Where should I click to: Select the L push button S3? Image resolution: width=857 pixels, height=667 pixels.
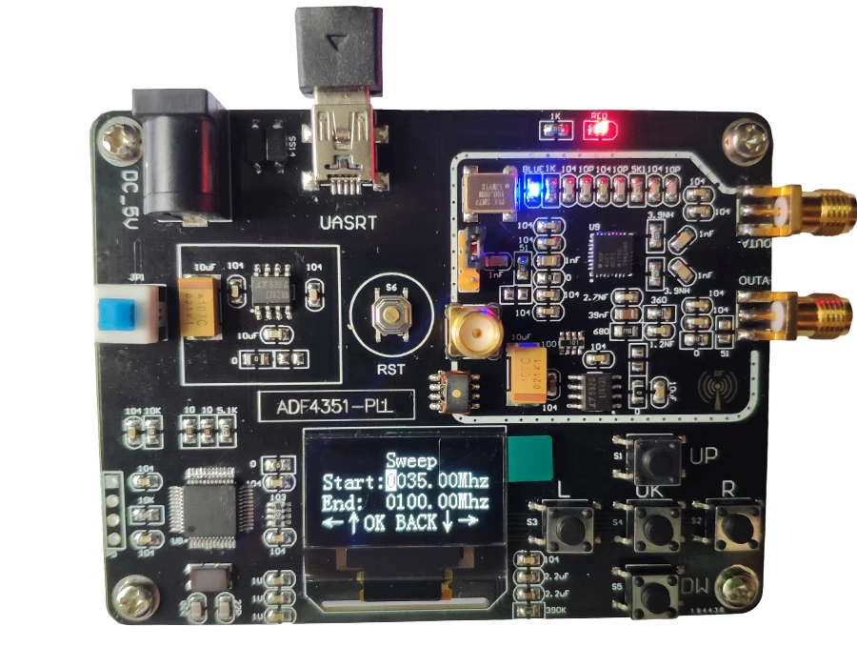click(569, 527)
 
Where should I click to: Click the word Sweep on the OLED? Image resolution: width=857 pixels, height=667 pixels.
click(411, 460)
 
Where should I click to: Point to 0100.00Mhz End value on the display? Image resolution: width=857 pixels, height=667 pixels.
click(437, 501)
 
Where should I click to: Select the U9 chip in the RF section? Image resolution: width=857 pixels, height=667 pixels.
click(608, 255)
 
